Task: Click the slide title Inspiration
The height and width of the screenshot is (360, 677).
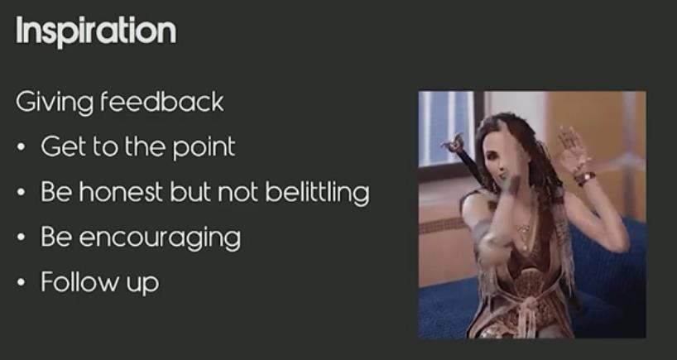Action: [96, 31]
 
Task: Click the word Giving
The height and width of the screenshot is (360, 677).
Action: [55, 103]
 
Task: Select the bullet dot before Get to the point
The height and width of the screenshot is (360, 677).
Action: [21, 146]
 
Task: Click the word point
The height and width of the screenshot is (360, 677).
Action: [204, 147]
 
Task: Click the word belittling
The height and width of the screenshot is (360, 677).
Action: [317, 193]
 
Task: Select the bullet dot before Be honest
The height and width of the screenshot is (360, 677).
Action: [21, 192]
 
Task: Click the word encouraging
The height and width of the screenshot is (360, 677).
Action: [160, 238]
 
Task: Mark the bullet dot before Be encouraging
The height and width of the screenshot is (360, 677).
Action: [21, 238]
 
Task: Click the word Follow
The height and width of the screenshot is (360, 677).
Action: [80, 282]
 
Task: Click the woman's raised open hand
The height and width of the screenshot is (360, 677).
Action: [571, 146]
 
